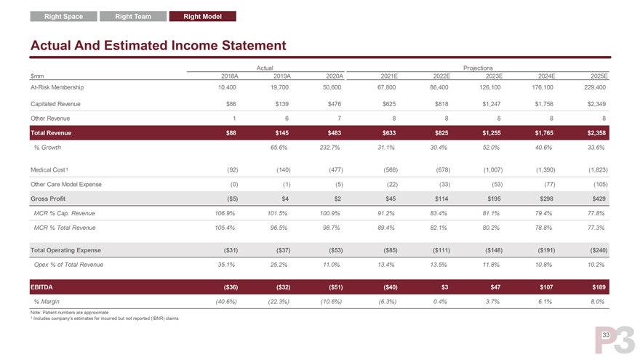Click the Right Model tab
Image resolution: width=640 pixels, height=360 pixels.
click(x=203, y=16)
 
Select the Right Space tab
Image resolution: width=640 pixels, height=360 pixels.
click(x=63, y=16)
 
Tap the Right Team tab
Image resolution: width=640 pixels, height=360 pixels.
click(x=133, y=16)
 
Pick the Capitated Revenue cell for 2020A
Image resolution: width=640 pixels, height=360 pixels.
click(x=336, y=103)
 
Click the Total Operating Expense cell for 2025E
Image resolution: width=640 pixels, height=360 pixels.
click(x=593, y=250)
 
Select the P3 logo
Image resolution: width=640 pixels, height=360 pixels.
click(x=615, y=340)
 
